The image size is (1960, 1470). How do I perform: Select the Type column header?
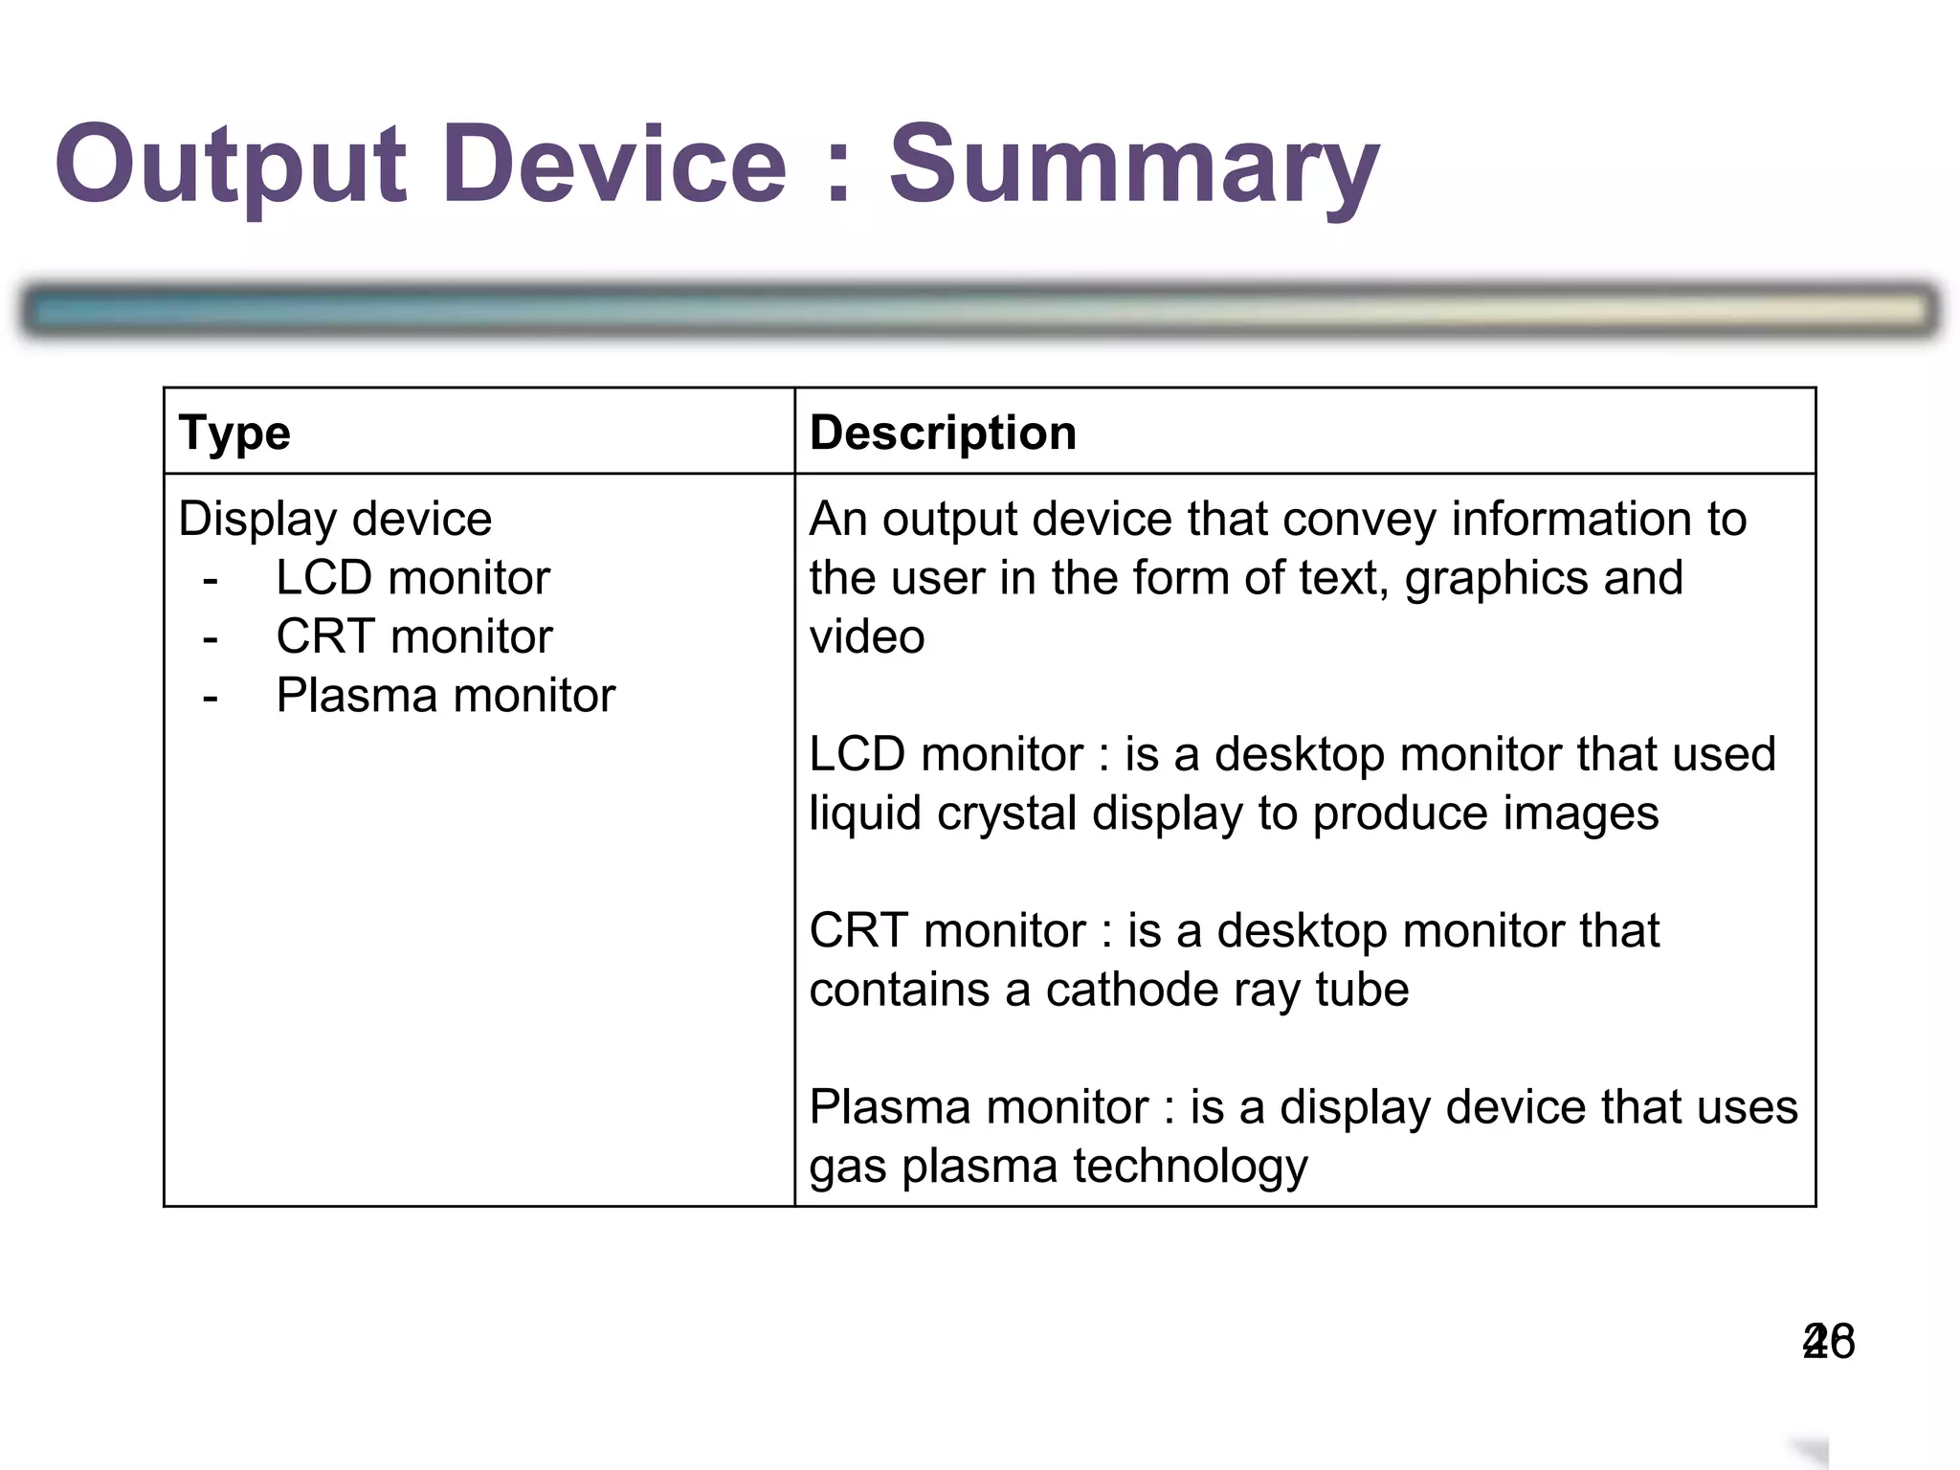tap(234, 433)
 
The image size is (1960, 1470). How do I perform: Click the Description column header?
tap(943, 433)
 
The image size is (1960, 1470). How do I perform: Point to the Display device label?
tap(335, 519)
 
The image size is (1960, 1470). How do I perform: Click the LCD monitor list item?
tap(412, 578)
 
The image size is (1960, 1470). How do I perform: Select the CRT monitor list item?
tap(413, 636)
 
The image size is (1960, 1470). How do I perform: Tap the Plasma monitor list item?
tap(445, 696)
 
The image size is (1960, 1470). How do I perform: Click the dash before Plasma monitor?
tap(211, 698)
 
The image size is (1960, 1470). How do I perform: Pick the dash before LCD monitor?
tap(211, 580)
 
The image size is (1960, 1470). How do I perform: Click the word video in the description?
tap(867, 637)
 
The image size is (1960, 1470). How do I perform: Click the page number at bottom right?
tap(1828, 1341)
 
